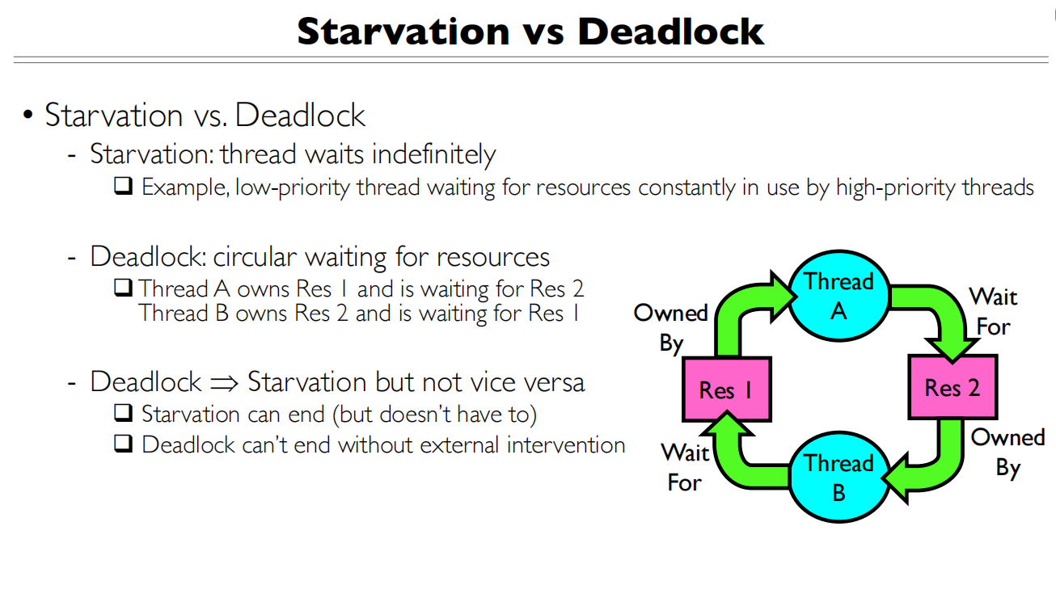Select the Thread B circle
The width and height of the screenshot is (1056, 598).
click(x=838, y=478)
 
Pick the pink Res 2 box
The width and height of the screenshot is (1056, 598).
click(x=952, y=388)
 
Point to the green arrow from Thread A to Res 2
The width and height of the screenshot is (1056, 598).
click(x=938, y=311)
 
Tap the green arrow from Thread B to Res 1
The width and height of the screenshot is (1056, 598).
click(x=740, y=461)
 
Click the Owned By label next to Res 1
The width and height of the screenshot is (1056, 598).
click(x=670, y=328)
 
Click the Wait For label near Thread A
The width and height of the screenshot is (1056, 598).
click(x=993, y=312)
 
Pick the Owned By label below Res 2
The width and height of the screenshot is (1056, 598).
click(x=1007, y=453)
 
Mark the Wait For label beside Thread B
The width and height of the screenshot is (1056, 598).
click(x=685, y=468)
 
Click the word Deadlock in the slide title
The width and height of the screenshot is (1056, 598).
click(x=670, y=31)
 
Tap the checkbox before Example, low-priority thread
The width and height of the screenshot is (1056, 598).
click(x=123, y=187)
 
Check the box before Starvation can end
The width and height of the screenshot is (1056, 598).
click(x=123, y=414)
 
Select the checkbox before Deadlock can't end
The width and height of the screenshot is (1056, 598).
click(x=123, y=444)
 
